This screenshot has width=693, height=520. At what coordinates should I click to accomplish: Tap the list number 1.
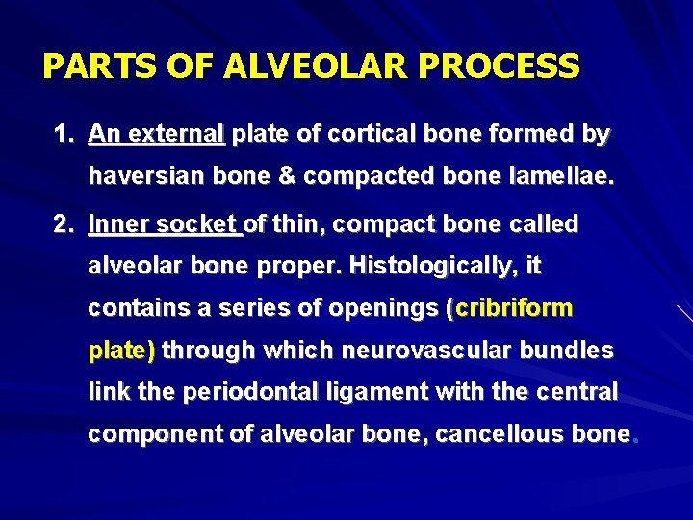[x=63, y=134]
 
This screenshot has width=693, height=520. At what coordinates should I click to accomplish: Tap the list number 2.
[x=63, y=224]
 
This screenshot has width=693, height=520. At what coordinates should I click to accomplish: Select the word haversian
[x=144, y=178]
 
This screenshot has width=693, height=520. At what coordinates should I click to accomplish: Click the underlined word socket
[x=199, y=224]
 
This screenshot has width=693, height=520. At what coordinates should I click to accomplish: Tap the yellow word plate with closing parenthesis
[x=121, y=351]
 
